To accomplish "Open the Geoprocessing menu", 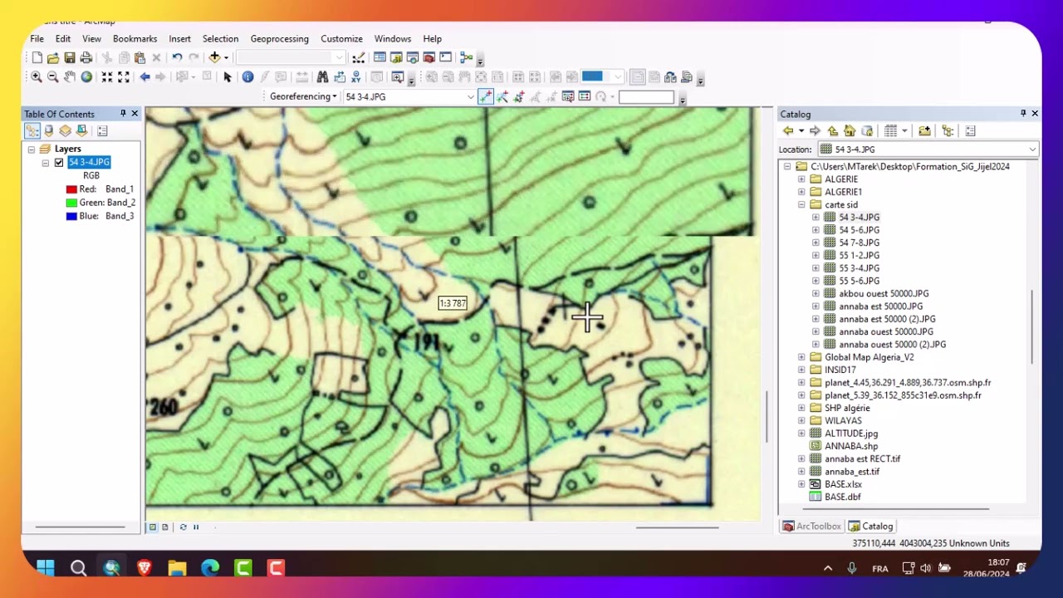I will point(279,39).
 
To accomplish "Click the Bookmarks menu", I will point(135,39).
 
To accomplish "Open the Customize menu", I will point(341,39).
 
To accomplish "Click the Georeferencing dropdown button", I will point(303,96).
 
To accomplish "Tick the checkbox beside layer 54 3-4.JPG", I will point(59,163).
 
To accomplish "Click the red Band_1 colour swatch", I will point(71,189).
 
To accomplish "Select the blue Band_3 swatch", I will point(71,216).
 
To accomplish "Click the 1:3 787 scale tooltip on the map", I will point(453,303).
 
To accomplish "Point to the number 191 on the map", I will point(424,342).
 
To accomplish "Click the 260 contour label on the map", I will point(164,407).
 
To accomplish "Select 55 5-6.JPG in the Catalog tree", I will point(859,281).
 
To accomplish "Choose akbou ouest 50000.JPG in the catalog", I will point(884,293).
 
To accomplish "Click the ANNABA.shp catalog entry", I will point(850,446).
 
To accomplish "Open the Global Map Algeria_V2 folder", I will point(869,357).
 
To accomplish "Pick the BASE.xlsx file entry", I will point(843,484).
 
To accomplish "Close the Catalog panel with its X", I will point(1035,113).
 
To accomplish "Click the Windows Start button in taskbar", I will point(46,568).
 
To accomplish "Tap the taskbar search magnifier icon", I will point(78,568).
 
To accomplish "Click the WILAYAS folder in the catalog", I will point(843,420).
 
